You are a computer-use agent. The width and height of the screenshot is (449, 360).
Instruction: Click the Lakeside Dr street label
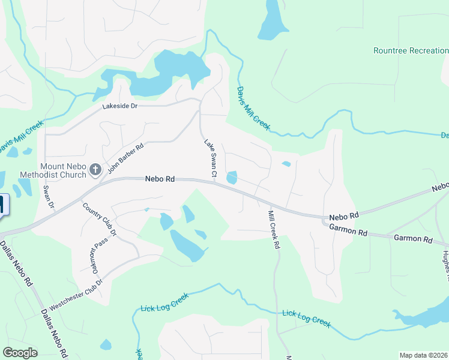coord(120,106)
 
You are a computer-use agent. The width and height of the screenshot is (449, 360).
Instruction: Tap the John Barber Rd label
coord(125,158)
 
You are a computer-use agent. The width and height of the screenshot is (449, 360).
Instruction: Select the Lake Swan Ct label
coord(209,158)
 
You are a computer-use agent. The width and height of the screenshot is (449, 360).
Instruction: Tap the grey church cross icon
coord(94,170)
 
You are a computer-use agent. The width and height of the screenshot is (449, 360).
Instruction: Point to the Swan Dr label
coord(48,197)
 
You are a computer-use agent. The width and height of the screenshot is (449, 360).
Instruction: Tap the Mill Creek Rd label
coord(274,229)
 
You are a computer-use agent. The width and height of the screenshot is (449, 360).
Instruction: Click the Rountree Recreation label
coord(411,51)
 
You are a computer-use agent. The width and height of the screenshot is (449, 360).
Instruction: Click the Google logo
coord(20,353)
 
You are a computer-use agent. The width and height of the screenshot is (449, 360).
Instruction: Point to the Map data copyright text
coord(423,355)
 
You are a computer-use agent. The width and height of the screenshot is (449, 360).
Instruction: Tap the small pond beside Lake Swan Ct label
coord(232,178)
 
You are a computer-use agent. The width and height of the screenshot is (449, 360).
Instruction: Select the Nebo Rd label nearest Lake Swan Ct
coord(160,179)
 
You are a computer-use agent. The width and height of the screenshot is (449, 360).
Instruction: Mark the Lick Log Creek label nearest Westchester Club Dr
coord(164,302)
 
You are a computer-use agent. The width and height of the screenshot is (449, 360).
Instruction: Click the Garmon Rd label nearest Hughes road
coord(413,239)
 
